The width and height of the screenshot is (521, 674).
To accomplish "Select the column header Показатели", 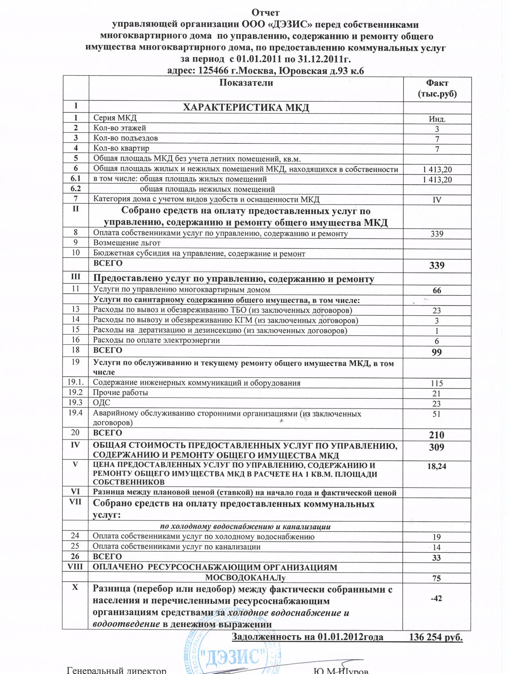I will pos(246,83).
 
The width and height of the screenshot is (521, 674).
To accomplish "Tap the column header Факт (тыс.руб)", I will pos(437,88).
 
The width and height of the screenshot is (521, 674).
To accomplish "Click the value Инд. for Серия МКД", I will pos(437,120).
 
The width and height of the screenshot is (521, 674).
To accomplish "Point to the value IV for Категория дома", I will pos(437,200).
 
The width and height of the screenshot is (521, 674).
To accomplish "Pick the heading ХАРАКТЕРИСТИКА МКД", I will pos(246,108).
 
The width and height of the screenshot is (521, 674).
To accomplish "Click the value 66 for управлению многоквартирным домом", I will pos(437,290).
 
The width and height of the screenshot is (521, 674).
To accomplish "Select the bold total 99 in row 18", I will pos(437,352).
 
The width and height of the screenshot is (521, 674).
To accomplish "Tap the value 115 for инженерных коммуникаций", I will pos(437,384).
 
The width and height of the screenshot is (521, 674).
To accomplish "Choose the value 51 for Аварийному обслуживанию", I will pos(437,414).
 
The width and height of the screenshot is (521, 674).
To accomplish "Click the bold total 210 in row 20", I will pos(437,435).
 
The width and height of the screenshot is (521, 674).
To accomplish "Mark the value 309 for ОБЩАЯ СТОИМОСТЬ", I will pos(437,447).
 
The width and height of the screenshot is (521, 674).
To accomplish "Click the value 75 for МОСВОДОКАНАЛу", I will pos(437,578).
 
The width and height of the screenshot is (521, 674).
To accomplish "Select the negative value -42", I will pos(437,598).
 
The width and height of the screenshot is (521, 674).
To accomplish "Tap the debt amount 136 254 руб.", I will pos(436,638).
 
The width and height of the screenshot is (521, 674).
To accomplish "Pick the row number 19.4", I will pos(76,413).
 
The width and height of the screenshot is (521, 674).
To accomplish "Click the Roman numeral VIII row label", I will pos(75,567).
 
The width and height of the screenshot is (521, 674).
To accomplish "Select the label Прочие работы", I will pos(121,393).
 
